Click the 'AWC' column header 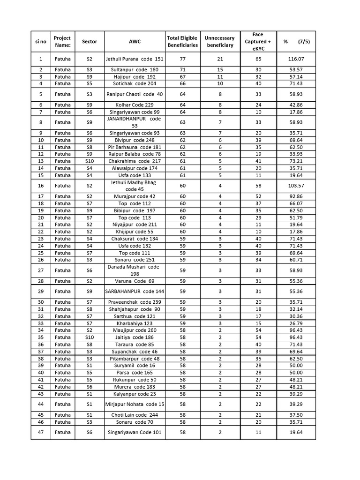click(x=134, y=41)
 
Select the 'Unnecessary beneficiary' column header click(x=219, y=41)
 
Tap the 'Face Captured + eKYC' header click(x=258, y=41)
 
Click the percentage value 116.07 click(x=296, y=59)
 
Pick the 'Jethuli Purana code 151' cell click(x=134, y=59)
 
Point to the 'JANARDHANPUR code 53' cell click(x=134, y=122)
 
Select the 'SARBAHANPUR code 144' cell click(x=134, y=291)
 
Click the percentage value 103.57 click(x=296, y=186)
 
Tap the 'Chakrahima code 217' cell click(x=134, y=161)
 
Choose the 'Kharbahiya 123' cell click(x=134, y=323)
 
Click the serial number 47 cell click(x=41, y=432)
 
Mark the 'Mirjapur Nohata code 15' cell click(x=134, y=404)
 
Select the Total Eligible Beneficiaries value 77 click(x=182, y=59)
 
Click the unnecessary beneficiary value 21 click(x=219, y=59)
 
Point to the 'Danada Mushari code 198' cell click(x=134, y=270)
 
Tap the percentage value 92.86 click(x=296, y=196)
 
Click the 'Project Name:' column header click(x=62, y=41)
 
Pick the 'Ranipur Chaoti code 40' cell click(x=134, y=94)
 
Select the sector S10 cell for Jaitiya click(x=90, y=337)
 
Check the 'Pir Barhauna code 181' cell click(x=134, y=147)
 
